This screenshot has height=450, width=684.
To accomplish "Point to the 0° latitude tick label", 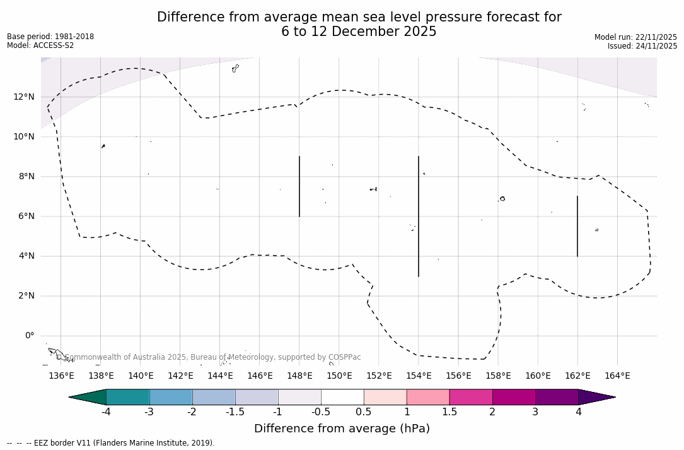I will pos(29,336).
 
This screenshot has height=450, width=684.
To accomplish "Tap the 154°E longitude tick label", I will pos(419,376).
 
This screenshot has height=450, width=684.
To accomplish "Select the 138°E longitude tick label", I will pos(101,376).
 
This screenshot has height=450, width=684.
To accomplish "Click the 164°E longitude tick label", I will pos(618,376).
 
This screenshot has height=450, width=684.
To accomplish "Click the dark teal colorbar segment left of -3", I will pos(128,397).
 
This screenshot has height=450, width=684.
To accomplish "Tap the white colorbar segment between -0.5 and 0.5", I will pos(342,397).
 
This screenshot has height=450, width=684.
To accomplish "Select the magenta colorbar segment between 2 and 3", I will pos(514,397).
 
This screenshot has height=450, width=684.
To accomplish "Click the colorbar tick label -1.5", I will pos(235,412).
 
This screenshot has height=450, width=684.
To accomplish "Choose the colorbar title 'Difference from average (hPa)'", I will pos(342,429).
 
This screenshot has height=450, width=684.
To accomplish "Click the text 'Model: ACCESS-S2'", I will pos(40,45).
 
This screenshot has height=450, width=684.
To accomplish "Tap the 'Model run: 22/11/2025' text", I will pos(635,37).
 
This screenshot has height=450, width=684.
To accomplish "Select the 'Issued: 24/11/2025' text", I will pos(642,46).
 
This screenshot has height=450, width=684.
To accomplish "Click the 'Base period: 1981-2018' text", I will pos(50,37).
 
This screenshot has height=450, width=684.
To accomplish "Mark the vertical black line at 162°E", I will pos(577,226).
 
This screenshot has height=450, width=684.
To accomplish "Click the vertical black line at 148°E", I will pos(299,186).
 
